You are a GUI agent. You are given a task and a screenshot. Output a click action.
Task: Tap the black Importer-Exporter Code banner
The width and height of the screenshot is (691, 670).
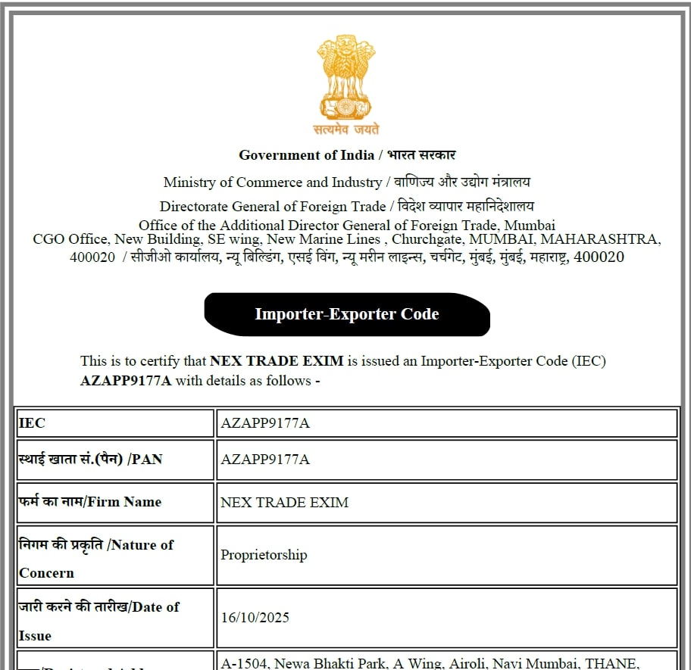pyautogui.click(x=347, y=314)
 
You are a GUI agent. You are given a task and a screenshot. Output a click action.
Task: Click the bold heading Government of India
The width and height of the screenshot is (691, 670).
pyautogui.click(x=306, y=155)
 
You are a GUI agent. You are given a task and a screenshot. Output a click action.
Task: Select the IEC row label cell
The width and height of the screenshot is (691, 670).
pyautogui.click(x=115, y=423)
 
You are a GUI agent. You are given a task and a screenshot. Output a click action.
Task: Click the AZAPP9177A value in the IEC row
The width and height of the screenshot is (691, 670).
pyautogui.click(x=265, y=423)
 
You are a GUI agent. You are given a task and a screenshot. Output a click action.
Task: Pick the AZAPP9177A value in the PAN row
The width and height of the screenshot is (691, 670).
pyautogui.click(x=265, y=460)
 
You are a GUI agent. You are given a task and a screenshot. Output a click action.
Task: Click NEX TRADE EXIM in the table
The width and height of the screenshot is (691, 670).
pyautogui.click(x=285, y=502)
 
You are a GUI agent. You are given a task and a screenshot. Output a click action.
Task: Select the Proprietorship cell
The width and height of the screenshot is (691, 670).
pyautogui.click(x=264, y=555)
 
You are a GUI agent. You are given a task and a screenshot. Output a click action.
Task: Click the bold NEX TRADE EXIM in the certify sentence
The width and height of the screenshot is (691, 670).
pyautogui.click(x=277, y=361)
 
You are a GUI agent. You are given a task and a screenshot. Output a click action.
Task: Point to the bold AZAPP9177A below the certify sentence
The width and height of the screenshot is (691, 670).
pyautogui.click(x=126, y=381)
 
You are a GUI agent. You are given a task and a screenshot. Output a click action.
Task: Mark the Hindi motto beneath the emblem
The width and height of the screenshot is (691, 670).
pyautogui.click(x=346, y=129)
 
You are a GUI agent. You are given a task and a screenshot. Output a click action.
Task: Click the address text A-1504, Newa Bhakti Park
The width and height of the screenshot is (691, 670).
pyautogui.click(x=301, y=664)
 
